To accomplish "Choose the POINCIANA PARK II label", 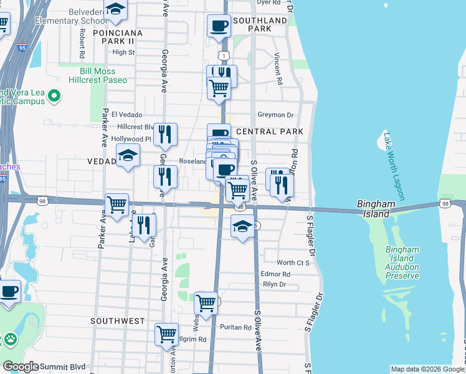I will [x=117, y=37].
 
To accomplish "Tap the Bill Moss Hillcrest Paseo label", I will [x=97, y=76].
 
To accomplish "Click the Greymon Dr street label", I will [x=275, y=115].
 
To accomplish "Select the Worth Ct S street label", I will [x=293, y=263].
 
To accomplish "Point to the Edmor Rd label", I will [x=276, y=274].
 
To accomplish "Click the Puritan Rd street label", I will [x=235, y=327].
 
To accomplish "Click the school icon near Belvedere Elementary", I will [x=115, y=9].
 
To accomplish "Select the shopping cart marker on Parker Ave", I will [x=117, y=204].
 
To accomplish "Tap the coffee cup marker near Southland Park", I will [x=219, y=26].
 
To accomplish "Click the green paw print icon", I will [x=11, y=340].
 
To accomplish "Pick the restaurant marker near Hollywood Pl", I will [x=165, y=134].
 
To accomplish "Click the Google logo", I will [x=21, y=367].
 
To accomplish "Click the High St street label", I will [x=123, y=52].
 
